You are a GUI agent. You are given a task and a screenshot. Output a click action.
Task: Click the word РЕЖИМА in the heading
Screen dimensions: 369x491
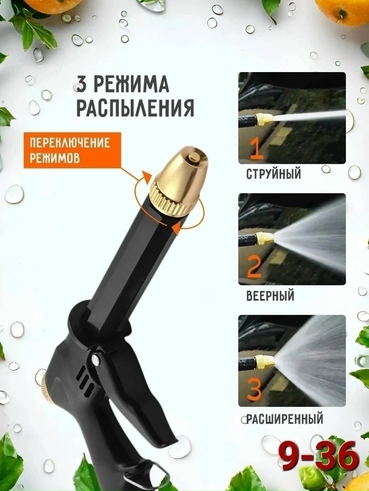point(131,85)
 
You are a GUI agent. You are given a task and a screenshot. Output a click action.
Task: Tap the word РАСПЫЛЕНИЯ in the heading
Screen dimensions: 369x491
point(135,108)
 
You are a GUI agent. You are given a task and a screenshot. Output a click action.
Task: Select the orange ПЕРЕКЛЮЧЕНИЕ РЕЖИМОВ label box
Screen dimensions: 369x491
point(72,150)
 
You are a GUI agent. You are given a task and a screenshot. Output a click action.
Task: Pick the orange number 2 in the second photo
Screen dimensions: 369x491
point(254,268)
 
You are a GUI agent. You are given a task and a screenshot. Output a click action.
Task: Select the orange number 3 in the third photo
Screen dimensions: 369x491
point(253,389)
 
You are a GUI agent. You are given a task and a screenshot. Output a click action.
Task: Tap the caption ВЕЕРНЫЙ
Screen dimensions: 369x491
point(270,296)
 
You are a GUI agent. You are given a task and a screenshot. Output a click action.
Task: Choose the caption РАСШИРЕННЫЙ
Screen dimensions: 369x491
point(284,419)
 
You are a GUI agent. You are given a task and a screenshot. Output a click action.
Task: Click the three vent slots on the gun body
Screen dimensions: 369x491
point(86,380)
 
